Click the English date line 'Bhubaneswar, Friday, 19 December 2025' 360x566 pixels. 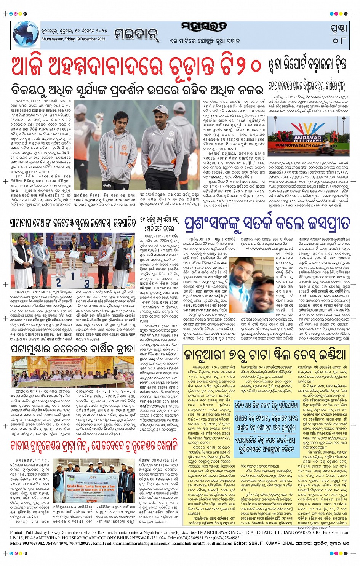coord(74,39)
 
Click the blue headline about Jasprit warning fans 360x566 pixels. coord(267,223)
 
